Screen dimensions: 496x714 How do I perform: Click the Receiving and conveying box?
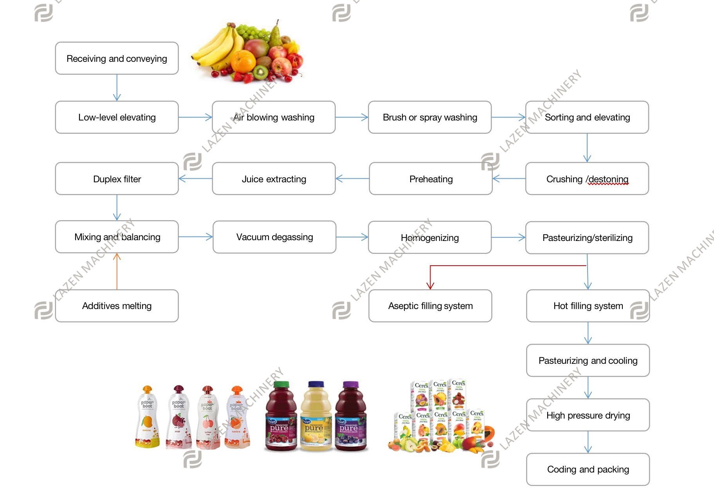click(x=117, y=58)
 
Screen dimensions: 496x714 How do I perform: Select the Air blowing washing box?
click(x=274, y=117)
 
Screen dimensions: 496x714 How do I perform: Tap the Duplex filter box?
click(x=117, y=179)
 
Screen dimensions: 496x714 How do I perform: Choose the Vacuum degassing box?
click(x=274, y=237)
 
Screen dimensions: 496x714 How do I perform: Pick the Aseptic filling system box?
click(x=430, y=306)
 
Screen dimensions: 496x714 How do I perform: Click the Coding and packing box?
click(x=588, y=469)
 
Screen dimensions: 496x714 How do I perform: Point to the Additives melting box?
click(x=117, y=306)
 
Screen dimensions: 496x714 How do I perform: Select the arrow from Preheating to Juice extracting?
click(x=352, y=179)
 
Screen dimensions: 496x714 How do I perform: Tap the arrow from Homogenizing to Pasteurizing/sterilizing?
click(x=508, y=237)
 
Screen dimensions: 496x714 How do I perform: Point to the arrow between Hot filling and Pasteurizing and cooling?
click(x=588, y=333)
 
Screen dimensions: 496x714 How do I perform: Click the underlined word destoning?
click(x=608, y=179)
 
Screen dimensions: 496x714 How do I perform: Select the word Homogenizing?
click(x=430, y=238)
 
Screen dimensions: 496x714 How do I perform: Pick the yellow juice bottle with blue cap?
click(x=316, y=417)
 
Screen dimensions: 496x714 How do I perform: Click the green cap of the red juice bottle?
click(x=281, y=385)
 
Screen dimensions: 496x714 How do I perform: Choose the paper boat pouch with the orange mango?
click(x=147, y=417)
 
